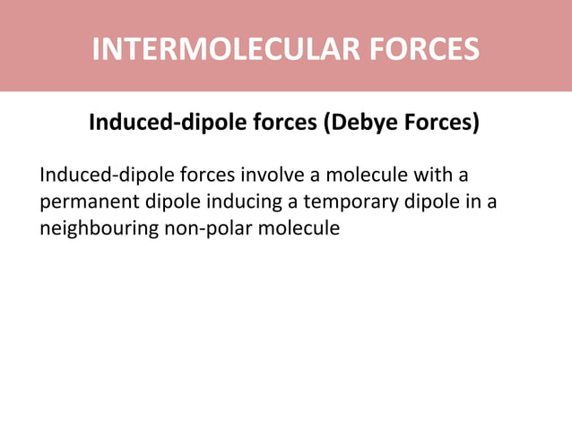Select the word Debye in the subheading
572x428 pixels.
point(364,123)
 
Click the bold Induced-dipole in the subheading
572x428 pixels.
point(158,123)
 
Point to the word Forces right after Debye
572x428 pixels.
point(441,123)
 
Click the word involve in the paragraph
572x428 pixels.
point(274,172)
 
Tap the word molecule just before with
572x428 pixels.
point(365,172)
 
